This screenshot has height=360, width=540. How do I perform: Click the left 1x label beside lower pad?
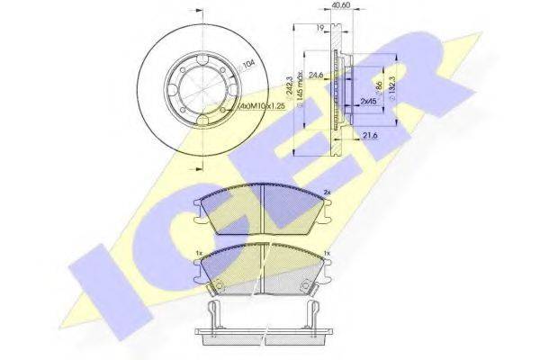(198, 256)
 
